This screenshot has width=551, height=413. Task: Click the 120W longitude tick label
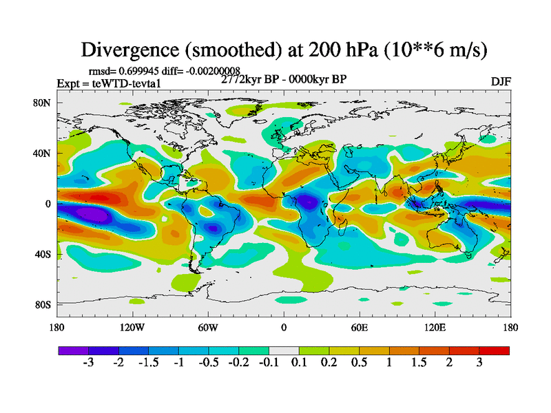coord(132,327)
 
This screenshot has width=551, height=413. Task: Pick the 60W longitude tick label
coord(208,327)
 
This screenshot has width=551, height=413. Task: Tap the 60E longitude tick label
coord(359,327)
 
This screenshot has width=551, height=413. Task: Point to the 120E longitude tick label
coord(435,327)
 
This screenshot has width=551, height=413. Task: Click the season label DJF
coord(501,81)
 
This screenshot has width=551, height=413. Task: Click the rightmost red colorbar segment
coord(495,350)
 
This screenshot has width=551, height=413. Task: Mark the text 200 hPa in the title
coord(321,50)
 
